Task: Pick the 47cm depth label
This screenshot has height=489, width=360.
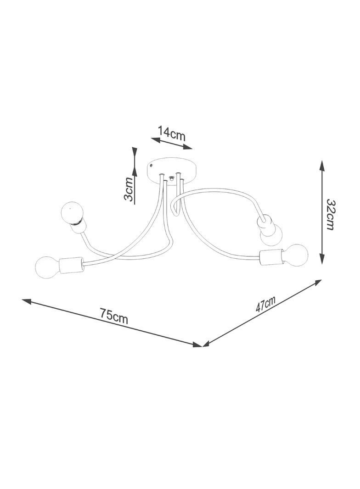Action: click(x=266, y=305)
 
